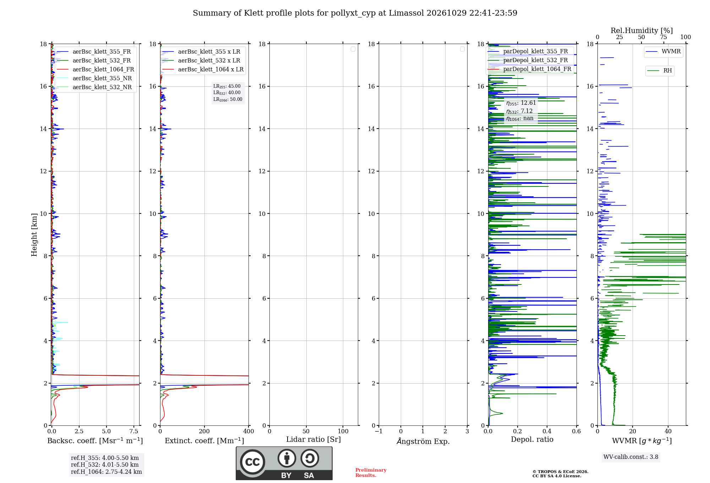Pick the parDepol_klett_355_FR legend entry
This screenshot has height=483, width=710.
[528, 51]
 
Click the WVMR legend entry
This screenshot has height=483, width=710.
[663, 51]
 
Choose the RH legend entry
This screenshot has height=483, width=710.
[660, 71]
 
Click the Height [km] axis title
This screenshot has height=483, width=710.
[34, 235]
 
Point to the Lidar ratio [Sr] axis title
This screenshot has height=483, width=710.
[313, 439]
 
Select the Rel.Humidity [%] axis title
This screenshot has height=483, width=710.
[642, 31]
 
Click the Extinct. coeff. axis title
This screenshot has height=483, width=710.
[204, 441]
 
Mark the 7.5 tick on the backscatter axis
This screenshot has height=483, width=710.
[134, 431]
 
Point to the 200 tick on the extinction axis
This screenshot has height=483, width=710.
[204, 431]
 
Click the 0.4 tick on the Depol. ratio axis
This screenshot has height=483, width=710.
[547, 431]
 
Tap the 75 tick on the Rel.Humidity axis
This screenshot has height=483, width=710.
[663, 37]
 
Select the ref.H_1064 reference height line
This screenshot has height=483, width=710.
[106, 472]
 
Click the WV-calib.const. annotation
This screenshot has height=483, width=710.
[631, 457]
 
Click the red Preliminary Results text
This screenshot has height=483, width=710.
[371, 473]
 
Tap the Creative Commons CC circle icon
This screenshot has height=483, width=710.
[252, 462]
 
